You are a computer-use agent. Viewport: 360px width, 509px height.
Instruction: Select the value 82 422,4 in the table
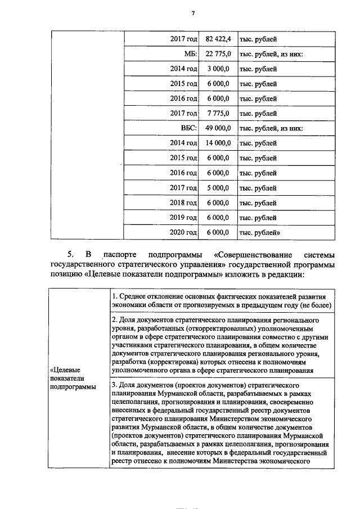218,39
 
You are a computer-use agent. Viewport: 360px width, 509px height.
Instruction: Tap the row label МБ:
191,54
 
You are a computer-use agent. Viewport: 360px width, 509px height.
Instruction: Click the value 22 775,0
218,54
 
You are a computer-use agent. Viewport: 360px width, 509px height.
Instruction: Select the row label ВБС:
188,128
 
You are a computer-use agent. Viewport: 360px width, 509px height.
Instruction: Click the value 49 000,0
218,128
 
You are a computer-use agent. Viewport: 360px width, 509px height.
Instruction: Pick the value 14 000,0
218,143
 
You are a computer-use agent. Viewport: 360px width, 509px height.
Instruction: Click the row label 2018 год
183,202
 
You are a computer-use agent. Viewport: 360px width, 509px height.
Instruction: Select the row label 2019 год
183,217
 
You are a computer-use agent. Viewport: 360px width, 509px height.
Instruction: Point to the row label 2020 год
183,232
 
